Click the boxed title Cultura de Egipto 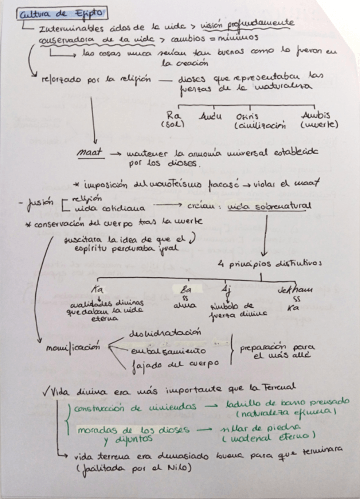61,14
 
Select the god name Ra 172,115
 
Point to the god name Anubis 315,115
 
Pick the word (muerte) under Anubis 318,125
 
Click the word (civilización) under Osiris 259,125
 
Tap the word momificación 73,347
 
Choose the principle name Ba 186,289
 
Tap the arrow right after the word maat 115,152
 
